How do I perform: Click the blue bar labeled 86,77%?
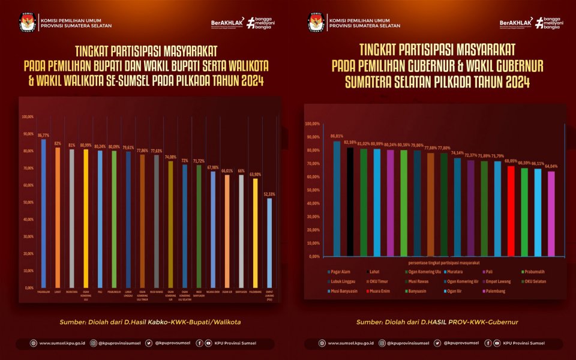point(43,213)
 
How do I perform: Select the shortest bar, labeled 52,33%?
point(269,242)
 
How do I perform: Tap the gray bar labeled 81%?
point(71,218)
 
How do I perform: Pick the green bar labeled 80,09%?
point(113,219)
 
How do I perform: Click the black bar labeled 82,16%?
point(350,202)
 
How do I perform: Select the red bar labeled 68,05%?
point(511,211)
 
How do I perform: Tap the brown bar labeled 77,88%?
point(430,204)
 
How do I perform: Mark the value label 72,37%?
point(470,155)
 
